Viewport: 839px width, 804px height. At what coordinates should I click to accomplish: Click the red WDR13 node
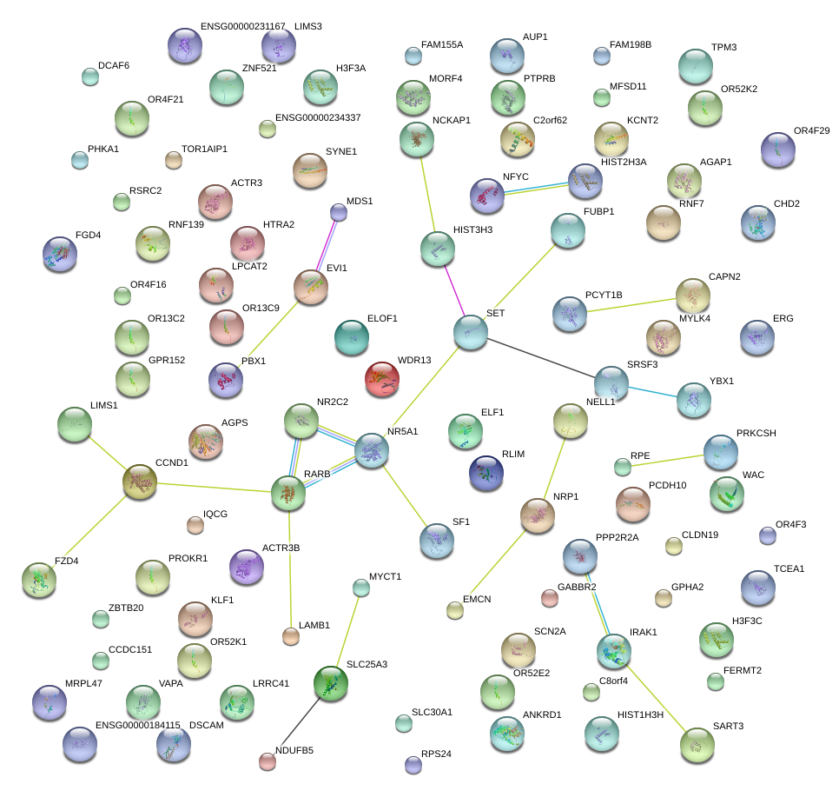tap(382, 379)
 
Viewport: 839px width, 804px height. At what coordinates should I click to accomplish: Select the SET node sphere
tap(471, 333)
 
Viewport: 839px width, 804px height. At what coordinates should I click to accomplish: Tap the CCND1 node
tap(140, 482)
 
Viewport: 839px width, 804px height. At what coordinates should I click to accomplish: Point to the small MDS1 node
tap(339, 212)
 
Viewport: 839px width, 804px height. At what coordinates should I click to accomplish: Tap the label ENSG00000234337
tap(318, 117)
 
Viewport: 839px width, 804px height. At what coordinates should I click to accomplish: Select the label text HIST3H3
tap(473, 229)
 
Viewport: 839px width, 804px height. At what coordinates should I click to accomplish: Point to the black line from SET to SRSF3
tap(540, 357)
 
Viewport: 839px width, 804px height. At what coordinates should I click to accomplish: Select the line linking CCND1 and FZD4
tap(89, 531)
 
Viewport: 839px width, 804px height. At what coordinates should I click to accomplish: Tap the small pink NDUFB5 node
tap(268, 761)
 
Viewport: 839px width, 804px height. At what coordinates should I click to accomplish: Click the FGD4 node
tap(60, 254)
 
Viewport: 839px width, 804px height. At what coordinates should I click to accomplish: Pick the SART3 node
tap(697, 745)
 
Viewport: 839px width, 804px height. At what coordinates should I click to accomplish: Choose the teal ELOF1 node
tap(352, 337)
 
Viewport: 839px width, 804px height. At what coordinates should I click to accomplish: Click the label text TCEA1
tap(789, 569)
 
